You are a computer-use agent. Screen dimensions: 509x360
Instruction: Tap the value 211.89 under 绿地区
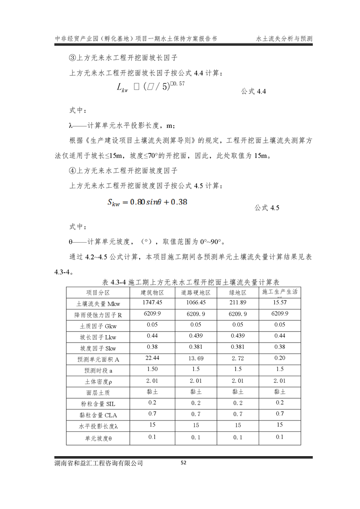point(238,302)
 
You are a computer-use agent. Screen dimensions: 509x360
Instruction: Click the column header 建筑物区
point(153,292)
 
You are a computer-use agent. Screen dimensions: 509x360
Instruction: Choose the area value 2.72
point(238,359)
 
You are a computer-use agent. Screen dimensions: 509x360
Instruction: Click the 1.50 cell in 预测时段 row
point(153,369)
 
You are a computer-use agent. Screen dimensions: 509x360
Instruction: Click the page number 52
point(183,463)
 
